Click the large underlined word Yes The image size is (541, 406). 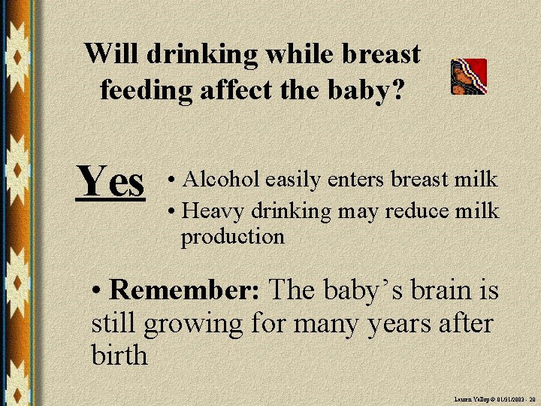pyautogui.click(x=111, y=183)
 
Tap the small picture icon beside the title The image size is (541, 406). pyautogui.click(x=469, y=77)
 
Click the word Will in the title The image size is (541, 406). pyautogui.click(x=112, y=54)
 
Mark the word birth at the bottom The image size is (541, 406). pyautogui.click(x=119, y=355)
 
